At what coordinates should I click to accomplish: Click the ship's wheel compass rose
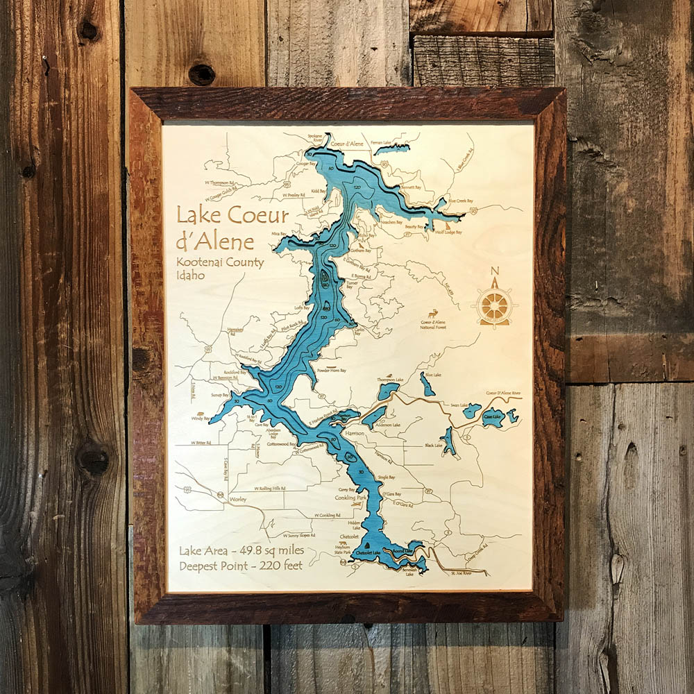pos(494,305)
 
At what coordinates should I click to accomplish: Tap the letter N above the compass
pos(494,271)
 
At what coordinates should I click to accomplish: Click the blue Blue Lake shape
pos(427,384)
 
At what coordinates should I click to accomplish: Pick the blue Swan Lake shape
pos(472,411)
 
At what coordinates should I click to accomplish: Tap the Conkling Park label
pos(350,498)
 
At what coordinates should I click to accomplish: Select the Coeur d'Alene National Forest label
pos(433,323)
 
